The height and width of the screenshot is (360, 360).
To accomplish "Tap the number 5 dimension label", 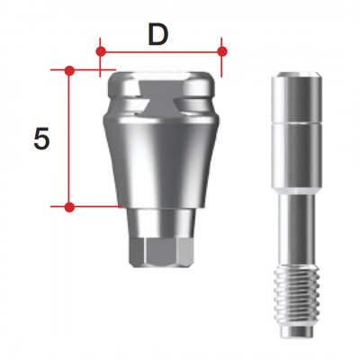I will (x=40, y=139).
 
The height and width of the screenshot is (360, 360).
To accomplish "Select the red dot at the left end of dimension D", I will (x=101, y=51).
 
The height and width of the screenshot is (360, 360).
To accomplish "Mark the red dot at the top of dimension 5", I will (x=69, y=68).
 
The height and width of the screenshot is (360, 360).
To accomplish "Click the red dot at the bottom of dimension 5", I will (x=69, y=206).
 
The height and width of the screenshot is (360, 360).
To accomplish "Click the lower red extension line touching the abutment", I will (x=94, y=206).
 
